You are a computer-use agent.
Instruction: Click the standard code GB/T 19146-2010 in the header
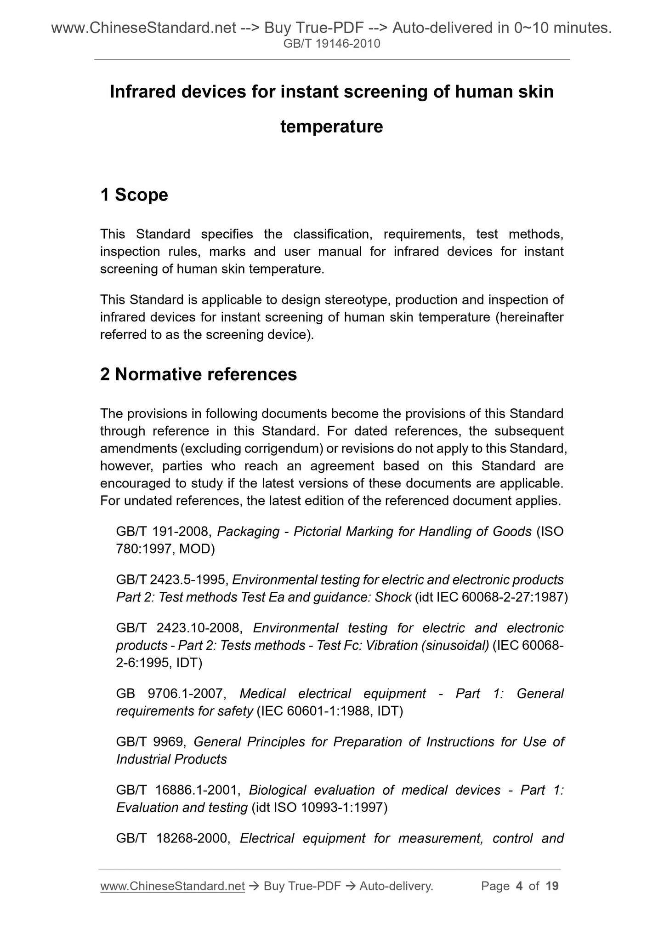pyautogui.click(x=332, y=44)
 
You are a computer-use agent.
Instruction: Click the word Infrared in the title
pyautogui.click(x=143, y=92)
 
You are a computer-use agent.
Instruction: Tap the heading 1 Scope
pyautogui.click(x=134, y=195)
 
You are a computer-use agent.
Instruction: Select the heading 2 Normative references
pyautogui.click(x=199, y=374)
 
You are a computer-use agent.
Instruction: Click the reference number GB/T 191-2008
pyautogui.click(x=163, y=532)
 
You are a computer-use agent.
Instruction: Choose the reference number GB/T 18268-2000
pyautogui.click(x=172, y=838)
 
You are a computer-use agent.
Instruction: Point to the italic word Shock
pyautogui.click(x=393, y=597)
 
